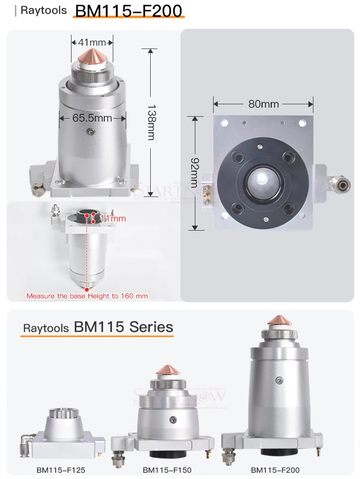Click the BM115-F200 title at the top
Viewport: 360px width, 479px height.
click(x=129, y=11)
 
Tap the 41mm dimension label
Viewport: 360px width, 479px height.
click(x=92, y=42)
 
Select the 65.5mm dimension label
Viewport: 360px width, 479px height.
click(x=92, y=118)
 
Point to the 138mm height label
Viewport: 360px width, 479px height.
click(x=150, y=123)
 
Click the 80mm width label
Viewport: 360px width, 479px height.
click(x=264, y=104)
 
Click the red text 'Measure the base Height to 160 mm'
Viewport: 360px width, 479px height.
click(x=87, y=296)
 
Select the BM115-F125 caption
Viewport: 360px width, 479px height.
click(x=60, y=470)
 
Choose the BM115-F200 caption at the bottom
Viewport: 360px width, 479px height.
click(x=275, y=470)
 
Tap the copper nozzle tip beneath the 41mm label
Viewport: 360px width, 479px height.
click(x=92, y=56)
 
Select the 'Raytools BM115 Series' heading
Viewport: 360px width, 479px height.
click(x=98, y=328)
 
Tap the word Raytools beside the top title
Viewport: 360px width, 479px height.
click(x=44, y=11)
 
